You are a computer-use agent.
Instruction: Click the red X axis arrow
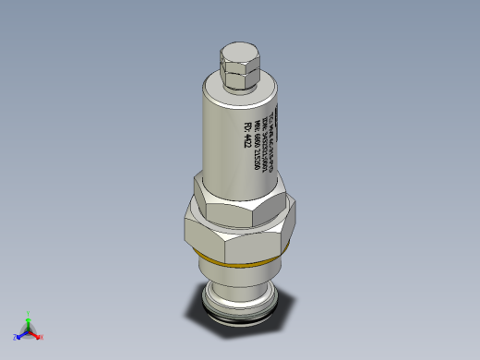point(36,335)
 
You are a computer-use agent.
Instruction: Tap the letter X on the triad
point(42,337)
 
